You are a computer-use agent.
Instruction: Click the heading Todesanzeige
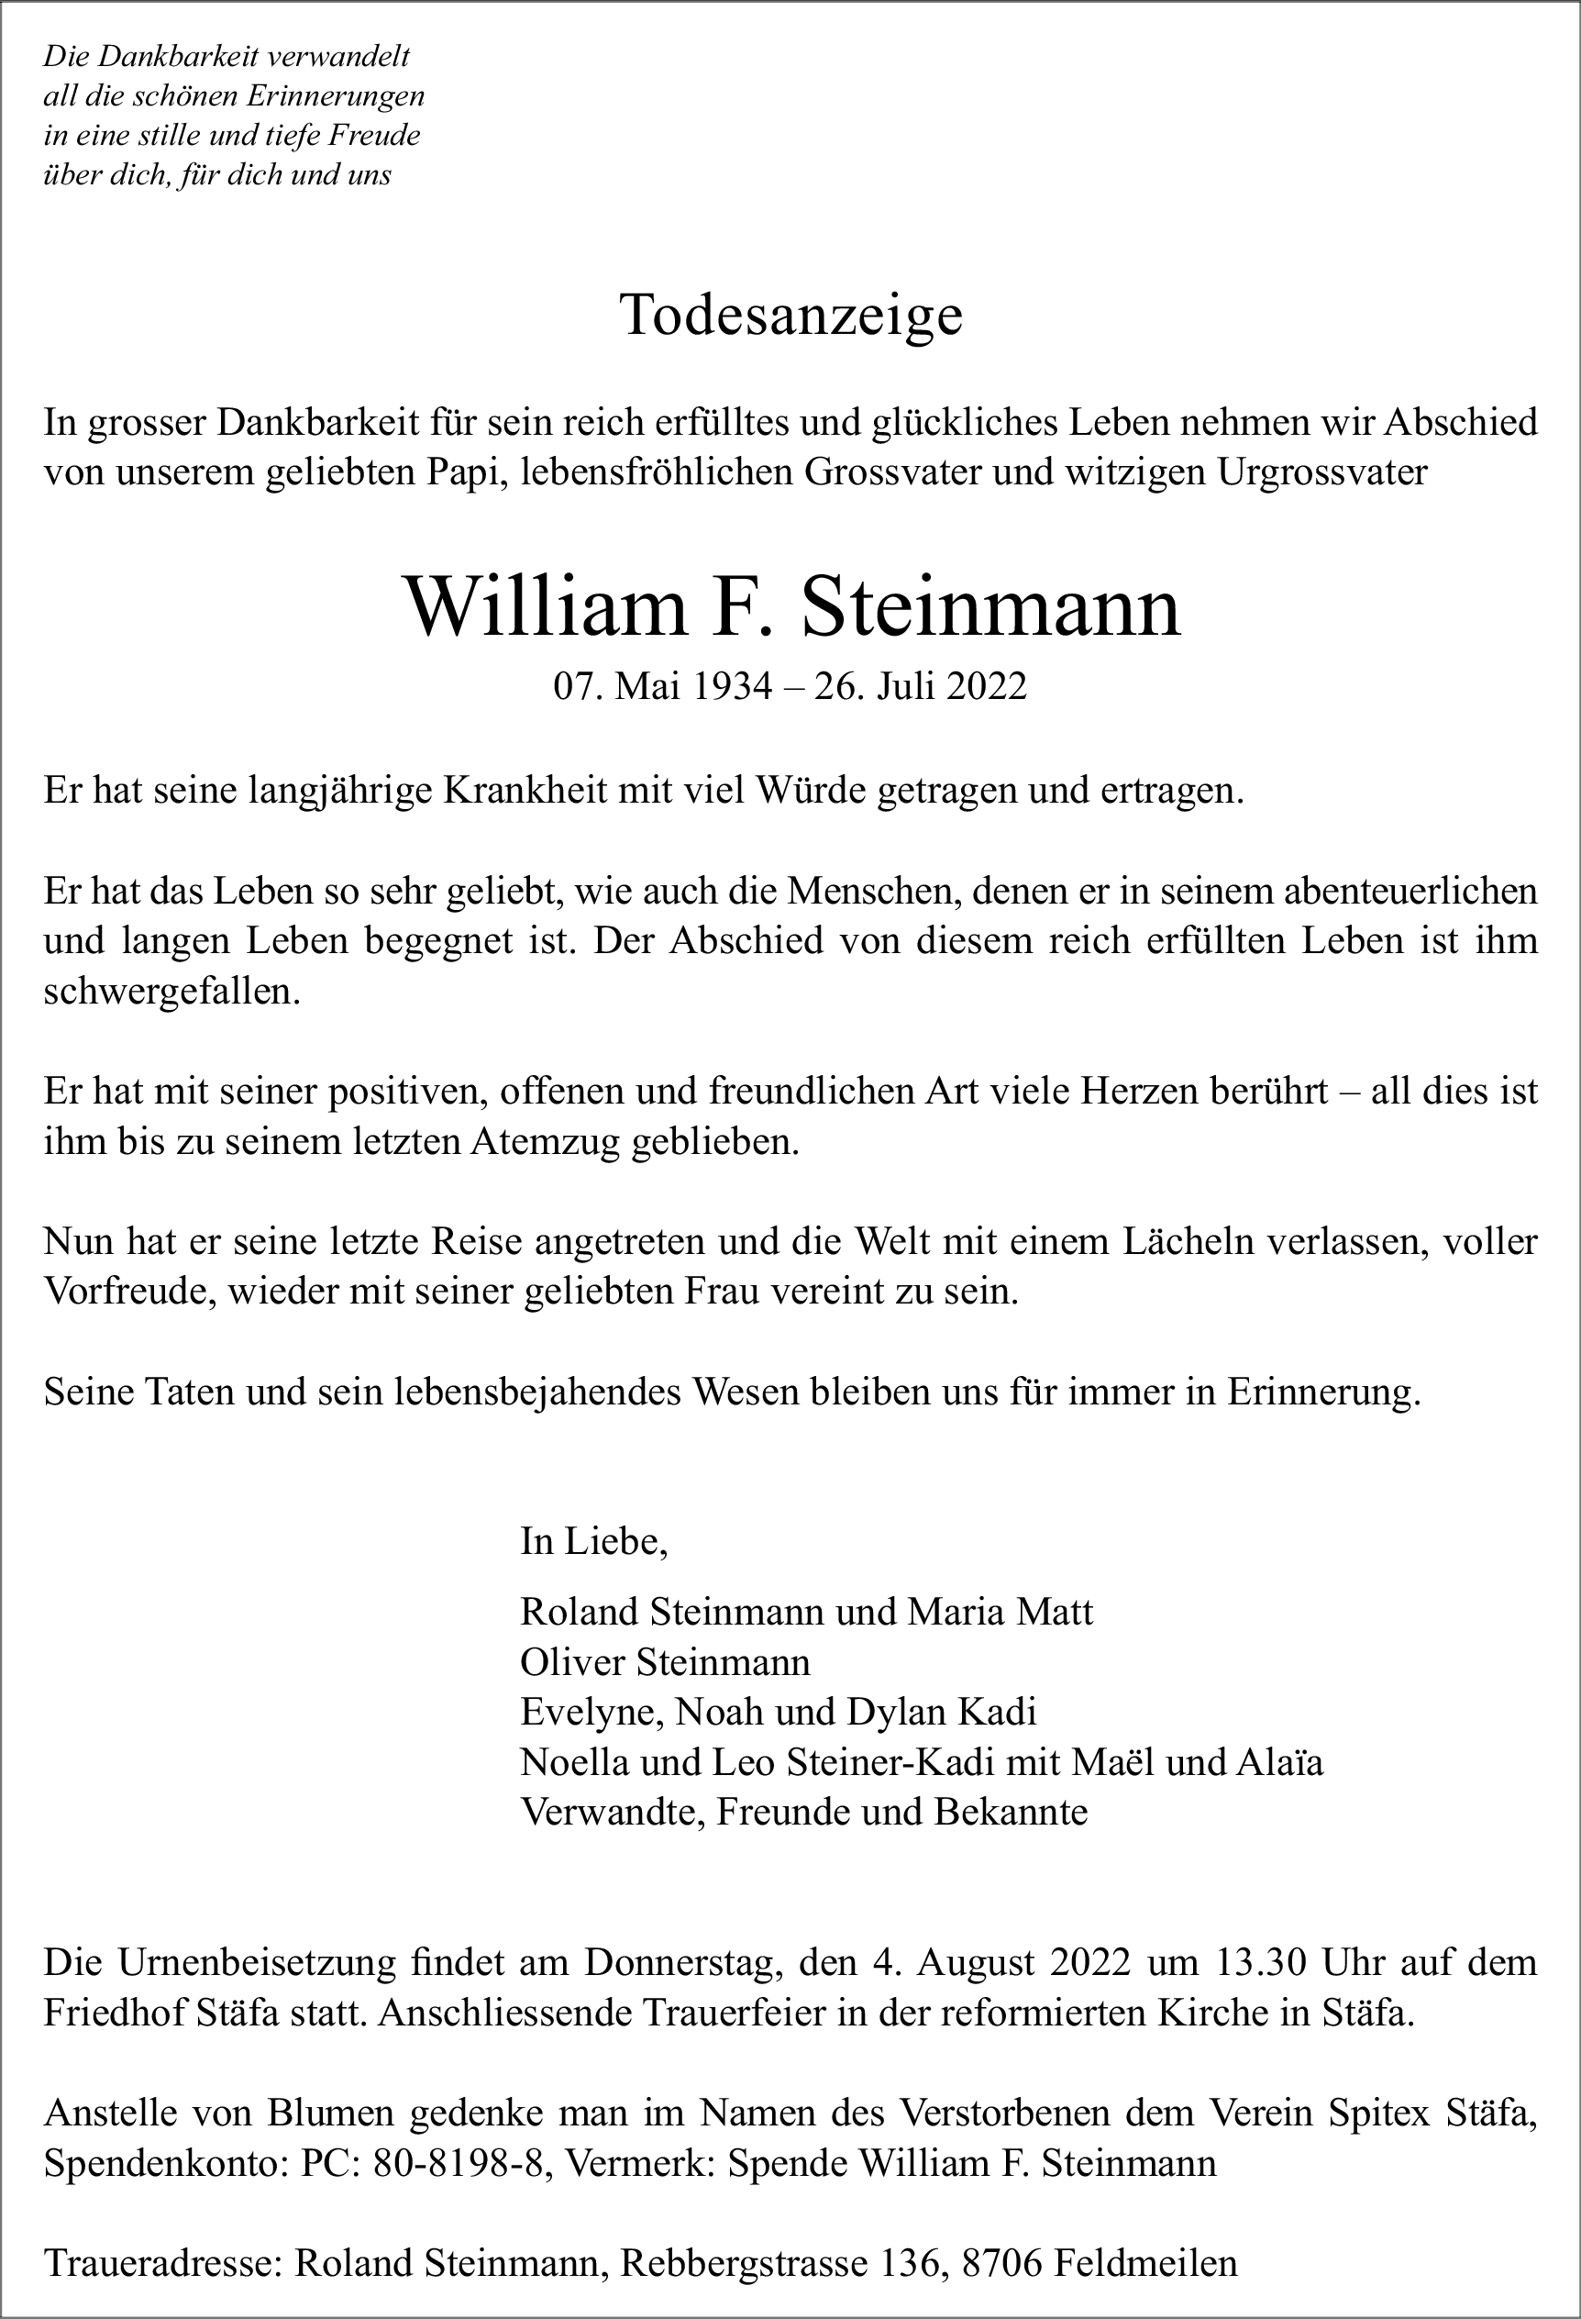coord(791,316)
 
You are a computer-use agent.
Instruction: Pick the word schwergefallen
coord(171,992)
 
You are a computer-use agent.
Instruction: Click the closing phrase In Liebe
coord(593,1542)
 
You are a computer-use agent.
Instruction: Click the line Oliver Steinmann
coord(665,1661)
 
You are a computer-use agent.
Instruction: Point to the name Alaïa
coord(1280,1762)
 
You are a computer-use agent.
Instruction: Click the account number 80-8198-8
coord(458,2162)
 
